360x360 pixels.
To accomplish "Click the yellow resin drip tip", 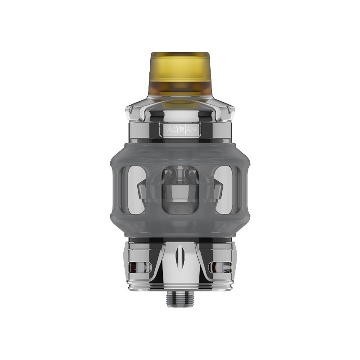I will pyautogui.click(x=180, y=74).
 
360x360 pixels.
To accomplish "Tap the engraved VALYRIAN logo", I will pyautogui.click(x=180, y=130).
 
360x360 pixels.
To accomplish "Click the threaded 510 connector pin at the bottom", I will pyautogui.click(x=180, y=298).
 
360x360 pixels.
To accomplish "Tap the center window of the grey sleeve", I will pyautogui.click(x=180, y=189).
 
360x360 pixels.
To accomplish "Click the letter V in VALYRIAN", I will pyautogui.click(x=163, y=130).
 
